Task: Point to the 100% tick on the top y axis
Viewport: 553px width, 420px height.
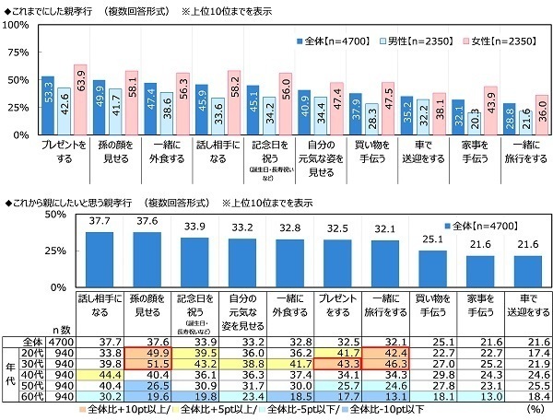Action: click(x=18, y=24)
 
